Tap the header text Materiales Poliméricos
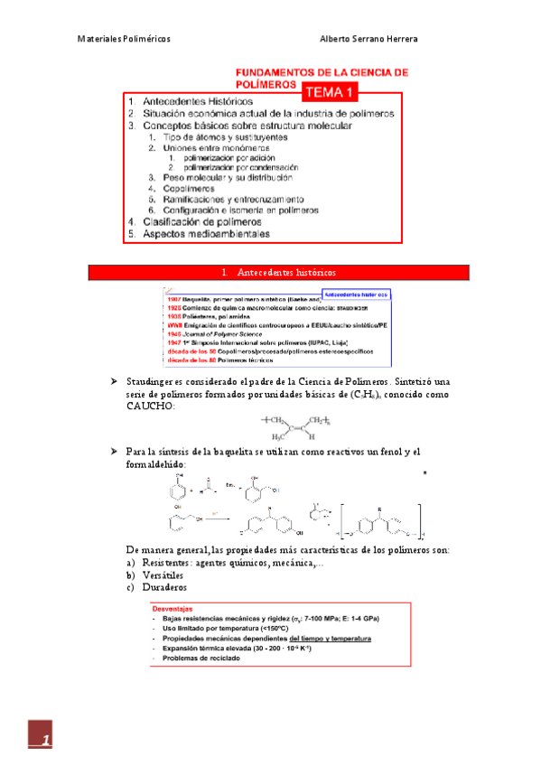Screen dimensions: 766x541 pyautogui.click(x=123, y=39)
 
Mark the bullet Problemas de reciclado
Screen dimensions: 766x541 pyautogui.click(x=201, y=659)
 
